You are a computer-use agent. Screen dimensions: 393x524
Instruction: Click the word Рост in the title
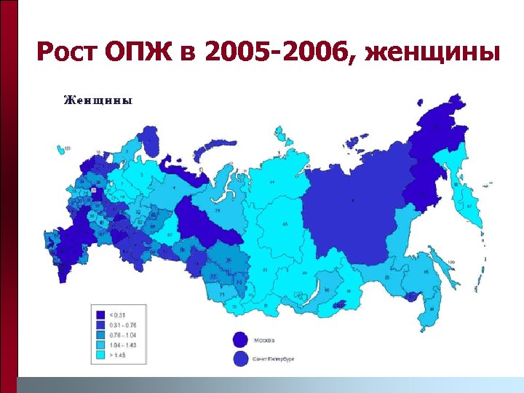(x=66, y=52)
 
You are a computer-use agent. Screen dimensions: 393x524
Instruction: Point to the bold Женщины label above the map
(x=98, y=101)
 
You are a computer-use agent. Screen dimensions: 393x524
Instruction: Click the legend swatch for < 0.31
(x=99, y=314)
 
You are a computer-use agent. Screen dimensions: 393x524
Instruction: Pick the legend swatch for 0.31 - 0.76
(x=99, y=323)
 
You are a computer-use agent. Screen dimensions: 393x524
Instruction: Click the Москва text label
(x=264, y=338)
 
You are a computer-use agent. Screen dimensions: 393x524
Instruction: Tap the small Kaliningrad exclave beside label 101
(x=60, y=149)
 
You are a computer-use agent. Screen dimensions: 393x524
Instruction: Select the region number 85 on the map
(x=285, y=223)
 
